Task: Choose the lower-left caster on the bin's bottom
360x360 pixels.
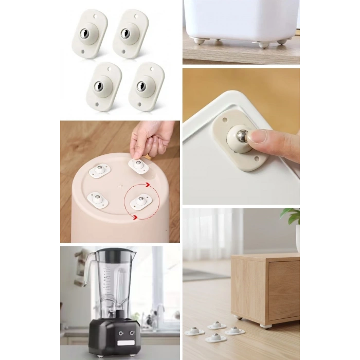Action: pos(97,199)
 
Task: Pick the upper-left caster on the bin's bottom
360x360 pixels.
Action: pos(99,170)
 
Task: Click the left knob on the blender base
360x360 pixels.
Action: pos(121,334)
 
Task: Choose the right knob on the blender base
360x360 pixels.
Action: pos(132,334)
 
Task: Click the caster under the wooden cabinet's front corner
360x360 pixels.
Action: pos(265,325)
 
